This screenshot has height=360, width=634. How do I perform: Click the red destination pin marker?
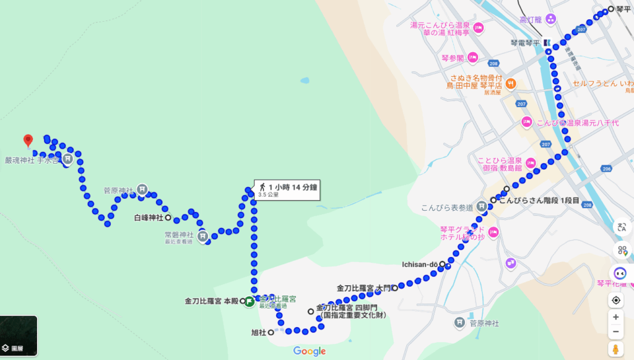(x=27, y=141)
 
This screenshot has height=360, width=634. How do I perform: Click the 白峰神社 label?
(x=149, y=218)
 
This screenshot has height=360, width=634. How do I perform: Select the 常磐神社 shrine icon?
(x=204, y=235)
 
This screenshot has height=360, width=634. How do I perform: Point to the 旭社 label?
(x=258, y=333)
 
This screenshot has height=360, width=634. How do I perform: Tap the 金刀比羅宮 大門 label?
(x=364, y=288)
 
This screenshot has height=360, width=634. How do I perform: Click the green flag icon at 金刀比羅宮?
(x=249, y=302)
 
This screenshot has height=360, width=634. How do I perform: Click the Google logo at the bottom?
(x=310, y=351)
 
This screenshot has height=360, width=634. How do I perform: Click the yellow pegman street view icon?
(x=616, y=349)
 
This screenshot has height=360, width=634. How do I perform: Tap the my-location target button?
(x=616, y=301)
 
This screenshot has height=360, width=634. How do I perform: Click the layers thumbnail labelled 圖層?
(x=19, y=336)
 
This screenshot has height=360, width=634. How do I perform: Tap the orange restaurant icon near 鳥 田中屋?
(x=511, y=83)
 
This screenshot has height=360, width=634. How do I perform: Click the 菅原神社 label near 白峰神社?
(x=118, y=190)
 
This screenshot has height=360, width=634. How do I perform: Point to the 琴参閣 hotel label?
(x=452, y=58)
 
